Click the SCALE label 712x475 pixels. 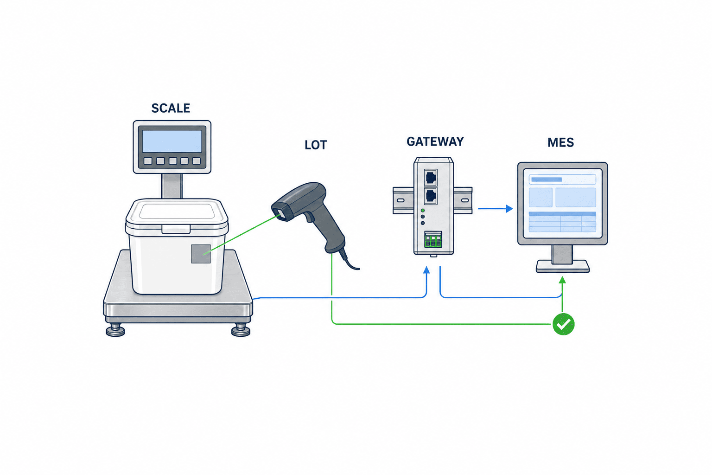click(x=171, y=108)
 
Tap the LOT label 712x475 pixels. click(x=316, y=145)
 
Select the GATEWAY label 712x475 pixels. click(x=435, y=141)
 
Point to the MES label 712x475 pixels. click(x=561, y=142)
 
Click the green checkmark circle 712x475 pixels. click(x=564, y=324)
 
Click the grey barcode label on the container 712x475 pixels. click(x=201, y=254)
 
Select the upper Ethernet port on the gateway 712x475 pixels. click(x=431, y=177)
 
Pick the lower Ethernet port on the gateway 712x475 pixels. click(x=431, y=196)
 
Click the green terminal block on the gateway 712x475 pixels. click(x=433, y=239)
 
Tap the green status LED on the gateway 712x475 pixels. click(x=423, y=211)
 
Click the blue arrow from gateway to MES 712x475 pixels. click(x=496, y=209)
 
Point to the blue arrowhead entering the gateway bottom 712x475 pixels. click(x=426, y=270)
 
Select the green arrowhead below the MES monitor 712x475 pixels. click(x=562, y=280)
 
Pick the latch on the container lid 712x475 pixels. click(x=176, y=229)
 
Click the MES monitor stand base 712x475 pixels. click(x=563, y=266)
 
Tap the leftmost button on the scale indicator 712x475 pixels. click(x=148, y=160)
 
